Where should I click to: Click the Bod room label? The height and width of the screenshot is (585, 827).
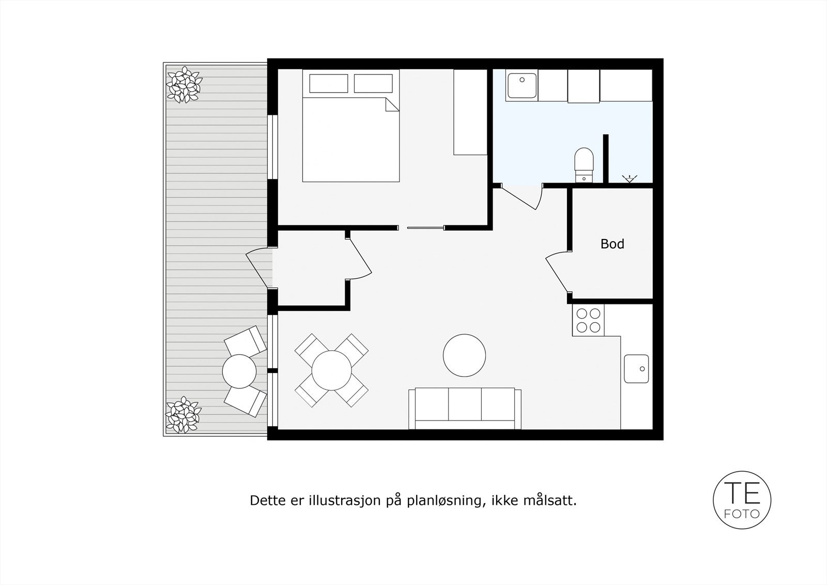coord(612,244)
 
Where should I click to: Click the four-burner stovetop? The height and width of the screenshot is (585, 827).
coord(589,320)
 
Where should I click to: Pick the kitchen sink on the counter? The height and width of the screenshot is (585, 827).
coord(636,368)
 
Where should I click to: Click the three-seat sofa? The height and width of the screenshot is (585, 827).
coord(465,408)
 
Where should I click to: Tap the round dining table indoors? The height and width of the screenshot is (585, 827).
coord(332,370)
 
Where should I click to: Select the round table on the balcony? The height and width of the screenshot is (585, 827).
coord(239,370)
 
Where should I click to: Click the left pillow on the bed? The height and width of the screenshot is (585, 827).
coord(328,83)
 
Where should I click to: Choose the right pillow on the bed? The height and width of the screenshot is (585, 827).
coord(373,83)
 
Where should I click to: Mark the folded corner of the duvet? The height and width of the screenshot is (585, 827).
coord(391,105)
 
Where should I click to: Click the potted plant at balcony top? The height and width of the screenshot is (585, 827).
coord(183,85)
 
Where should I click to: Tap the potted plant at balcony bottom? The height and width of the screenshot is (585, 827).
coord(182,414)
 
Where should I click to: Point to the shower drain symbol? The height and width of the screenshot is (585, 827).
coord(629,179)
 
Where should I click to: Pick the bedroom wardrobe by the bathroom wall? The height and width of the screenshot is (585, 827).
coord(470,112)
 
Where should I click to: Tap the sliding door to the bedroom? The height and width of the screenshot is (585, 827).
coord(425,228)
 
